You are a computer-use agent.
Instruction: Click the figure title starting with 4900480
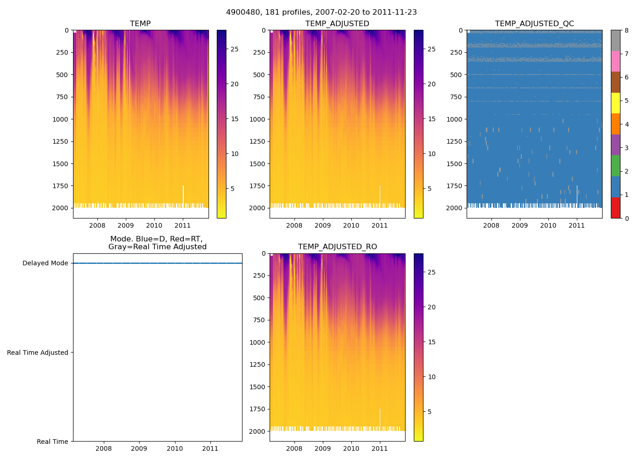pyautogui.click(x=321, y=12)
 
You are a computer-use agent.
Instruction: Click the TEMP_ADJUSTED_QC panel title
pyautogui.click(x=534, y=24)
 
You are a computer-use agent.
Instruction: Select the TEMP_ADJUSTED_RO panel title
pyautogui.click(x=338, y=247)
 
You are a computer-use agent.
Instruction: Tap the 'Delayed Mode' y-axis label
pyautogui.click(x=45, y=263)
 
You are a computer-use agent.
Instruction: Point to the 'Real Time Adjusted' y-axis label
pyautogui.click(x=38, y=353)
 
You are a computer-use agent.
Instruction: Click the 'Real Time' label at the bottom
pyautogui.click(x=52, y=442)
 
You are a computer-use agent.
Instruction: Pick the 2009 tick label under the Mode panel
pyautogui.click(x=139, y=448)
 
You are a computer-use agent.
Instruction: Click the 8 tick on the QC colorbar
pyautogui.click(x=627, y=30)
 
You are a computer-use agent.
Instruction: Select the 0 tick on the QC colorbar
pyautogui.click(x=627, y=218)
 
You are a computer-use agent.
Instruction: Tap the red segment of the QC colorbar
pyautogui.click(x=615, y=208)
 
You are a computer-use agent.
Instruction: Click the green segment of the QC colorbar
pyautogui.click(x=615, y=166)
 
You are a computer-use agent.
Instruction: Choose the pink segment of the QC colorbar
pyautogui.click(x=615, y=62)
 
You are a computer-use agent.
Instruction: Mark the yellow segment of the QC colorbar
pyautogui.click(x=615, y=103)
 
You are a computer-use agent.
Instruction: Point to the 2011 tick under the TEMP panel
pyautogui.click(x=183, y=225)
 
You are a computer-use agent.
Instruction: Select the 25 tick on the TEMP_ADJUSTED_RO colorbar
pyautogui.click(x=432, y=272)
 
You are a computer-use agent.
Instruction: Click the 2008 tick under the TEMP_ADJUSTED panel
pyautogui.click(x=294, y=225)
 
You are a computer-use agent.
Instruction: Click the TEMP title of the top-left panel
pyautogui.click(x=140, y=24)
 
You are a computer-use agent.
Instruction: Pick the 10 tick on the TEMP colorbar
pyautogui.click(x=235, y=154)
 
